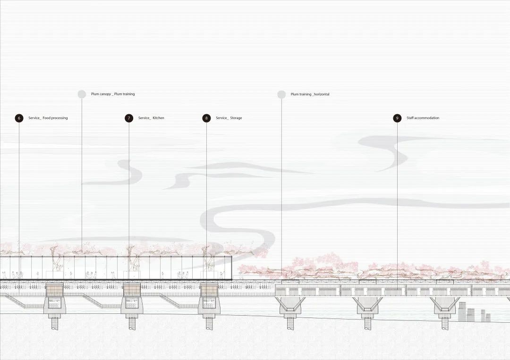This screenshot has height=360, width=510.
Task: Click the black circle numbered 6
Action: [19, 118]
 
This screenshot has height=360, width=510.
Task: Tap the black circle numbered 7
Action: [129, 118]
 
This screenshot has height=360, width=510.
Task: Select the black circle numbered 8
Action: [206, 118]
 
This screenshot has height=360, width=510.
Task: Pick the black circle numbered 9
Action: [397, 118]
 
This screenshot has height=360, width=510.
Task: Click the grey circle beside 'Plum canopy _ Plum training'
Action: [82, 94]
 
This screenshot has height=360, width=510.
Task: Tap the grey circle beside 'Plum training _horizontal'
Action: [281, 94]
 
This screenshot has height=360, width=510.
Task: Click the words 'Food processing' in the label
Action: [55, 118]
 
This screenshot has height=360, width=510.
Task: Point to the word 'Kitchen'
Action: [158, 118]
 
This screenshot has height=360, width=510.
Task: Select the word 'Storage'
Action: [236, 118]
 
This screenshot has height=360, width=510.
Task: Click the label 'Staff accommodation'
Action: [423, 118]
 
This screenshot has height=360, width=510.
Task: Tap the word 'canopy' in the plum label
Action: [105, 94]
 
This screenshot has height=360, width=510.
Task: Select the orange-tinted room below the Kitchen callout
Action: [132, 290]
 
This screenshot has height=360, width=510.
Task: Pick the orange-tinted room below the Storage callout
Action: [209, 290]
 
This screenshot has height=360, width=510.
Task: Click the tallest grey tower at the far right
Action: [462, 311]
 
